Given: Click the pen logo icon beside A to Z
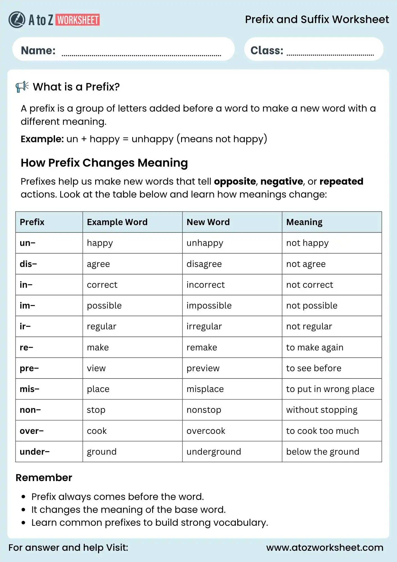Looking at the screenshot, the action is (17, 20).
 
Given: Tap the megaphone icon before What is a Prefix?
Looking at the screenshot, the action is (22, 87).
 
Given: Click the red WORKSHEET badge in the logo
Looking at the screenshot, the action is (78, 20).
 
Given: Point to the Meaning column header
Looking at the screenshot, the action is (304, 222).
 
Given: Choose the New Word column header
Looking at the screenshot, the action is (208, 222).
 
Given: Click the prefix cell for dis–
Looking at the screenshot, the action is (28, 264).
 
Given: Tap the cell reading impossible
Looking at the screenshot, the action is (209, 305).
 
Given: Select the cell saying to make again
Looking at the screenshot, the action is (315, 347).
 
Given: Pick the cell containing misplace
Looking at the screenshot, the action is (205, 389).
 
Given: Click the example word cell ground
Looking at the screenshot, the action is (102, 452).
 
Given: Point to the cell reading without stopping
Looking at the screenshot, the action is (322, 410).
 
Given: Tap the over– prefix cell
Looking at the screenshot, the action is (32, 431).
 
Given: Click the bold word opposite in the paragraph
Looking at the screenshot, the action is (235, 182).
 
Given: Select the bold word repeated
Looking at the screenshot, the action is (341, 182).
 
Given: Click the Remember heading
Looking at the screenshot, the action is (44, 478).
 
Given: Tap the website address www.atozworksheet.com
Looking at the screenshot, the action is (325, 547).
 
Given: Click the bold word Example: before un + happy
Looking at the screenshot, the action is (42, 139).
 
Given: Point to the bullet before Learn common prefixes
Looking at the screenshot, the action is (24, 523).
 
